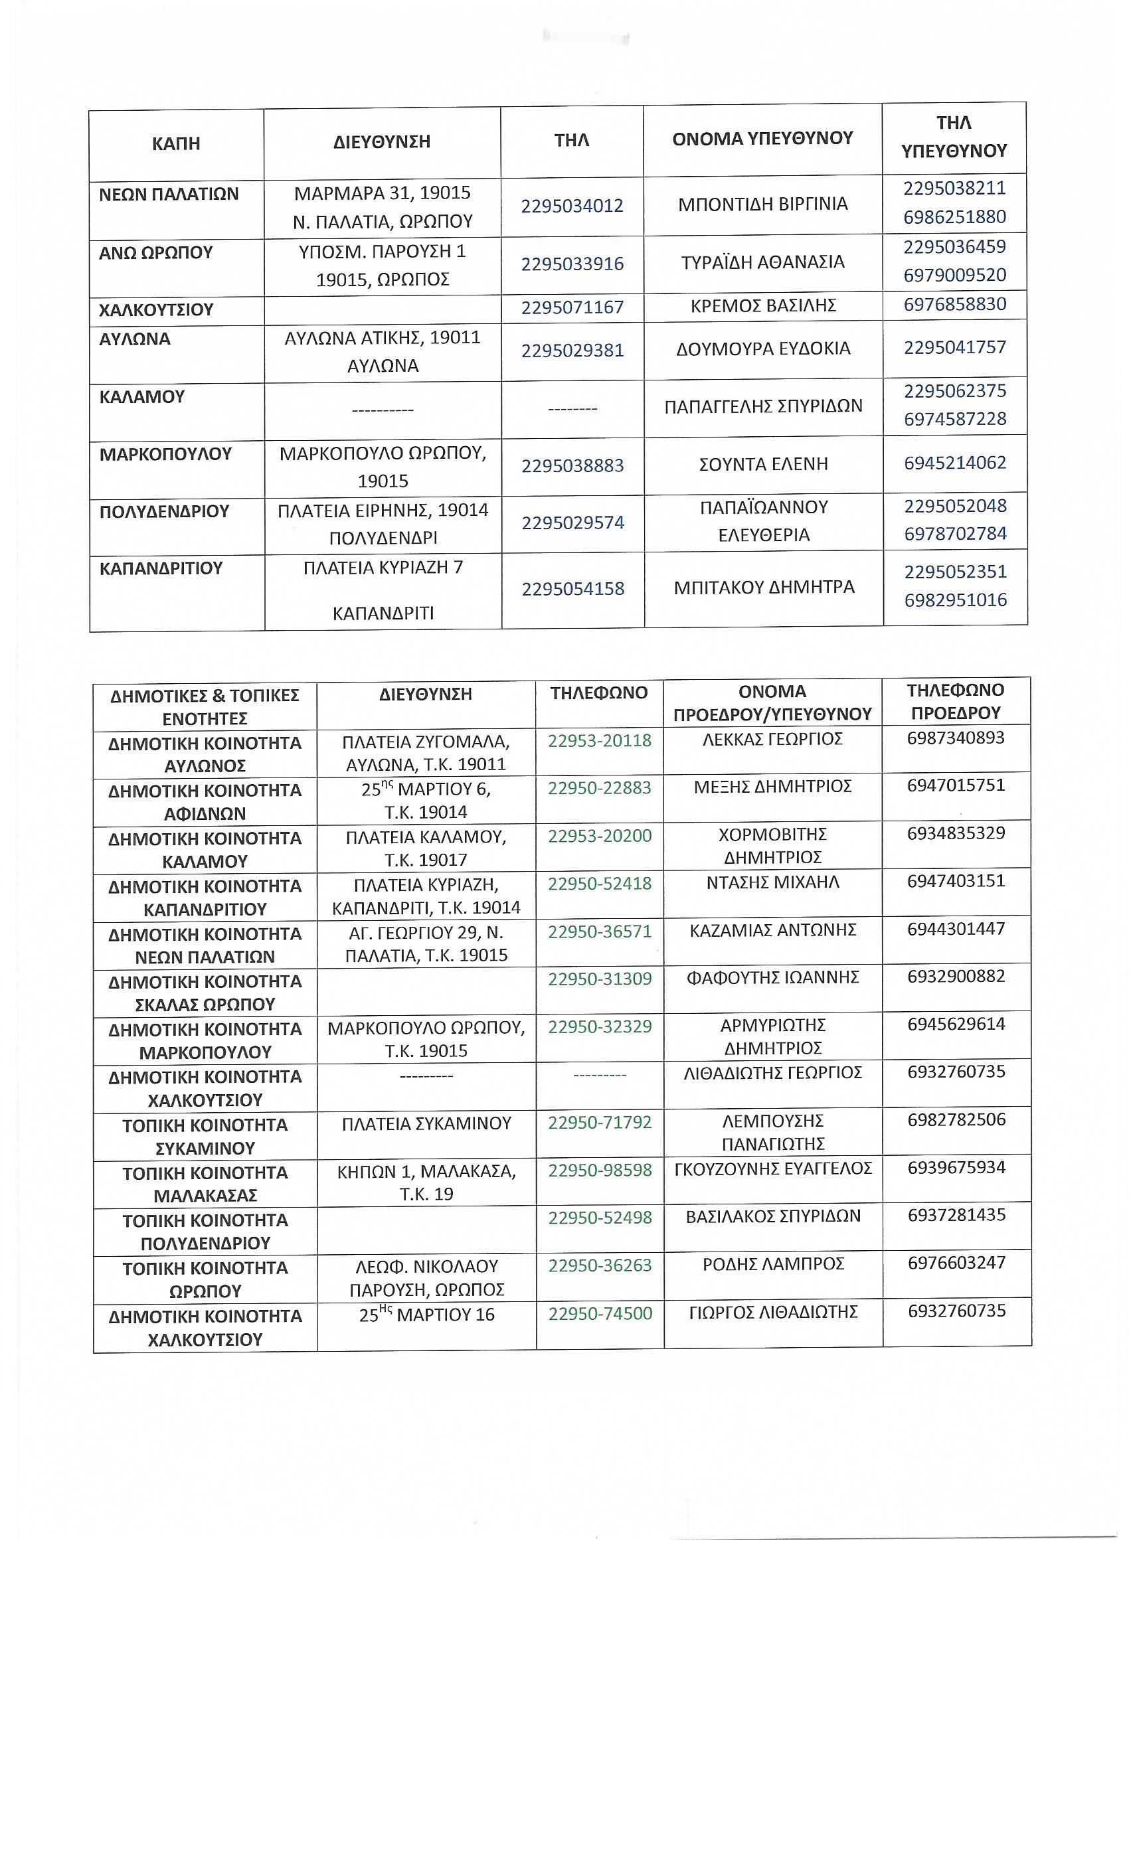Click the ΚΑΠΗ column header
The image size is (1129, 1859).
(x=176, y=143)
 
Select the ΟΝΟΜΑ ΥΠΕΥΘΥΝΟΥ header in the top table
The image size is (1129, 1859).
(x=762, y=138)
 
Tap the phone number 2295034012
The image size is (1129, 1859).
(x=572, y=205)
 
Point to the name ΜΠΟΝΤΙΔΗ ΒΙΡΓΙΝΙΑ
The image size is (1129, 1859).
(x=762, y=204)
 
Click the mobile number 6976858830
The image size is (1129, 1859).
(x=955, y=304)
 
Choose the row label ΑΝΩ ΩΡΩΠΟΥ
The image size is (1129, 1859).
(x=156, y=253)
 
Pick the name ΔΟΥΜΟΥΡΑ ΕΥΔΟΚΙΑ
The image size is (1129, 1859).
(x=764, y=349)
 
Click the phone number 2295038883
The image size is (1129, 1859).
(x=572, y=465)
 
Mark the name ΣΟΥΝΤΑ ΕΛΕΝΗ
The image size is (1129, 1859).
(x=764, y=464)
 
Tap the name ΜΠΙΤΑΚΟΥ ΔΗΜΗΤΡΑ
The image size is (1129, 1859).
(x=764, y=587)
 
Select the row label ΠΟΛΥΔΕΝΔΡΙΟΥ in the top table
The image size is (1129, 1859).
(x=165, y=511)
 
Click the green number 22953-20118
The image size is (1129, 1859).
(x=599, y=740)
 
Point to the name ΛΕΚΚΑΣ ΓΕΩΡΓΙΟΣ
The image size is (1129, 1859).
(x=772, y=738)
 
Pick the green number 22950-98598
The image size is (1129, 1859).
(x=599, y=1170)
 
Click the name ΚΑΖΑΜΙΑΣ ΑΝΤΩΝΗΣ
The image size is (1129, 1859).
(x=772, y=930)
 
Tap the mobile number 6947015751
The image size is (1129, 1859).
(x=956, y=785)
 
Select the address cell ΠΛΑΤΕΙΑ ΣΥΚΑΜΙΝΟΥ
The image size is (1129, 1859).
(x=426, y=1123)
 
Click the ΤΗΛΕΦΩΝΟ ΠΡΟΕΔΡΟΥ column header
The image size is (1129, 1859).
(x=956, y=702)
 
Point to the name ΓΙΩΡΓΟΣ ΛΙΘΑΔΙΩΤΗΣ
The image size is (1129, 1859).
(x=773, y=1312)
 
